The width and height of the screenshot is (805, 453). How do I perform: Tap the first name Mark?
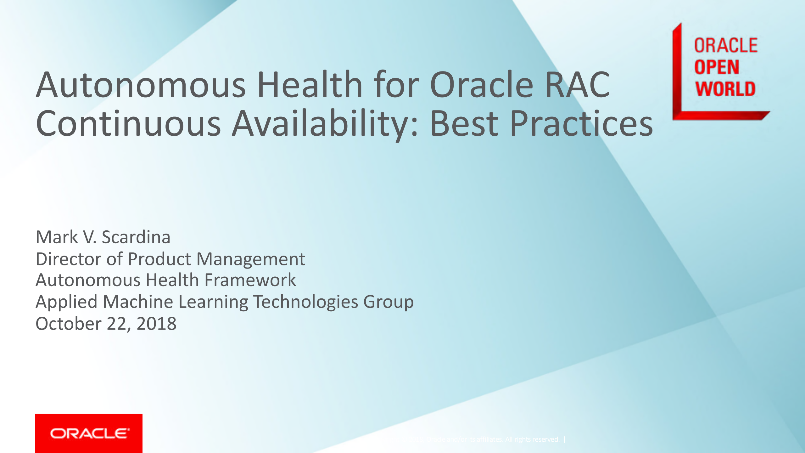pos(57,237)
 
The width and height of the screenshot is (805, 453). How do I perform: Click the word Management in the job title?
pos(251,259)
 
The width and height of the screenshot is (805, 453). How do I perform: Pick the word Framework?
pos(250,280)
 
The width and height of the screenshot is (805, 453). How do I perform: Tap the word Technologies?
pos(305,302)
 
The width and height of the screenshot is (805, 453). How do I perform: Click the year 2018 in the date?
pos(156,324)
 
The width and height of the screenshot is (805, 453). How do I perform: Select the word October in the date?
pos(68,324)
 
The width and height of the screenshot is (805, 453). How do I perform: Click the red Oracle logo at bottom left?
pos(89,433)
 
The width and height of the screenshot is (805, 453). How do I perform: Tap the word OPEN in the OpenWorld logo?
pos(716,67)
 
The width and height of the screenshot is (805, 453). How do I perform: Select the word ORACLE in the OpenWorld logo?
pos(726,46)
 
